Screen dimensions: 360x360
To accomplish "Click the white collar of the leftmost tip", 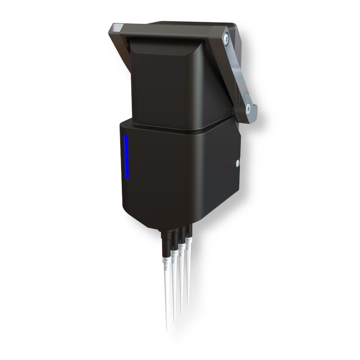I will [x=166, y=261].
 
